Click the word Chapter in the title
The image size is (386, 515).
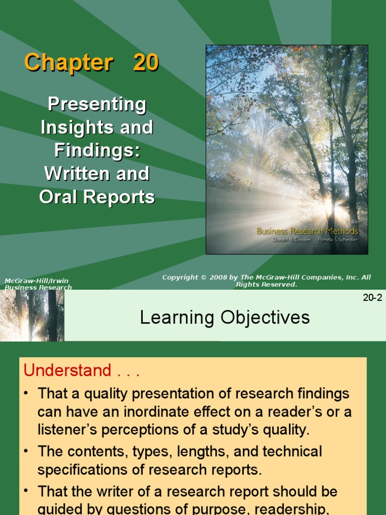[x=68, y=63]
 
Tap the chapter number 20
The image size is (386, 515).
[x=146, y=63]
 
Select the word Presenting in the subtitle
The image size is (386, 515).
[x=97, y=105]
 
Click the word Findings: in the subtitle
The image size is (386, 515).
[x=97, y=150]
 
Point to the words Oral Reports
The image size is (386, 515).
[x=97, y=197]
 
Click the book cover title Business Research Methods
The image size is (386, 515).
[x=307, y=231]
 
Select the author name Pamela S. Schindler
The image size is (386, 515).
[x=338, y=240]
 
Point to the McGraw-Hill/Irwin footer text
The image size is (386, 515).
[x=37, y=281]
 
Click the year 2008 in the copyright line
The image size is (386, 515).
[x=219, y=278]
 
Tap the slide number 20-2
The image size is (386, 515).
[x=372, y=297]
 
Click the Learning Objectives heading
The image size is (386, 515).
[x=225, y=317]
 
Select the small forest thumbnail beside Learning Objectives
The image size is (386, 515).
[x=32, y=315]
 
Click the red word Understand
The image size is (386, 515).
[x=67, y=370]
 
